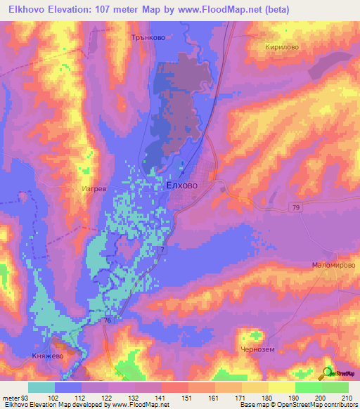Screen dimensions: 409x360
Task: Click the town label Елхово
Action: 181,186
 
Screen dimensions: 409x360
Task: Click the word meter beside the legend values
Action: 11,397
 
